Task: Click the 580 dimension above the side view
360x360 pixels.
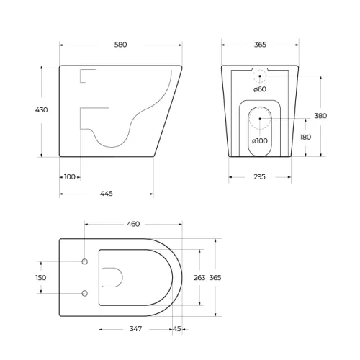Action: click(120, 45)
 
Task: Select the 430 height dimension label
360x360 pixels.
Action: click(42, 110)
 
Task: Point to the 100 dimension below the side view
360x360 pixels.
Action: click(70, 176)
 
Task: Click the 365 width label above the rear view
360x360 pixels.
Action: click(260, 45)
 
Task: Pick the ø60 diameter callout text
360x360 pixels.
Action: click(259, 89)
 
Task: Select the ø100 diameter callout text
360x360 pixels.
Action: click(260, 140)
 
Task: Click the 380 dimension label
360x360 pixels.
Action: click(320, 115)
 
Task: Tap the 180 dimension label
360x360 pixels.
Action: click(305, 137)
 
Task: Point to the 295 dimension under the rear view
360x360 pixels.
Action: click(260, 177)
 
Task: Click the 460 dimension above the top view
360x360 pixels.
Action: click(133, 225)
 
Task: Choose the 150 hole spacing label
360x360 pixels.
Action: click(41, 277)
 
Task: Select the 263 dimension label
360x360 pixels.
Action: click(200, 277)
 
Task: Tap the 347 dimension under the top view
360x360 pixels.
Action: click(135, 329)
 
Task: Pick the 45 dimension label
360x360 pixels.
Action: click(177, 329)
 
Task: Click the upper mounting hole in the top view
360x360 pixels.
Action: click(85, 261)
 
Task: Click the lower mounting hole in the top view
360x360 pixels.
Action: click(85, 293)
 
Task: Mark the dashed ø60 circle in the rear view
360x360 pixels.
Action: click(260, 76)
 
